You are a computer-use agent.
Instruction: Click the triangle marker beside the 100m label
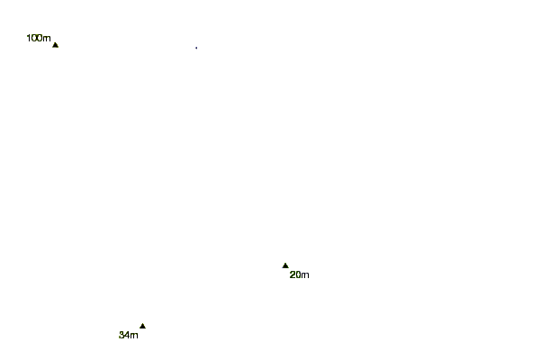coord(55,44)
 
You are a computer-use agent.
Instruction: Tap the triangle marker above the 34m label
coord(142,326)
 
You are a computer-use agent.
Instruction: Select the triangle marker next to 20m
coord(285,265)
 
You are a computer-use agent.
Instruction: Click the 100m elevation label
coord(39,38)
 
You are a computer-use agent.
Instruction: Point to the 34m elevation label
coord(129,336)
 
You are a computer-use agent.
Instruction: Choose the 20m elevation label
coord(299,275)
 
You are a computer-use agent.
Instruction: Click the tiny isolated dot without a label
coord(196,47)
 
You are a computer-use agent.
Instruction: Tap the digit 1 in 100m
coord(29,38)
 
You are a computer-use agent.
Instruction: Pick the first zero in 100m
coord(34,38)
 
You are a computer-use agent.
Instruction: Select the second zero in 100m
coord(41,38)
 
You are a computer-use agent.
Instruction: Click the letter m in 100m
coord(47,38)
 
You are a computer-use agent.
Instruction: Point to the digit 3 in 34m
coord(122,336)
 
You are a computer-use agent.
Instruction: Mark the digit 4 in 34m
coord(128,336)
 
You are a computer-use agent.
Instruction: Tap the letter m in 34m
coord(134,336)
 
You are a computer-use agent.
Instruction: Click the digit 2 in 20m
coord(293,275)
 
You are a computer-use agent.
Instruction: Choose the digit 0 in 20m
coord(298,275)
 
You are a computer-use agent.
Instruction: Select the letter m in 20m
coord(305,275)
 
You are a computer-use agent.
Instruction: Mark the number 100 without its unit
coord(35,38)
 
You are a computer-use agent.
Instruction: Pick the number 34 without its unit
coord(125,336)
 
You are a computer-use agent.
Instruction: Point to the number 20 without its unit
coord(295,275)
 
